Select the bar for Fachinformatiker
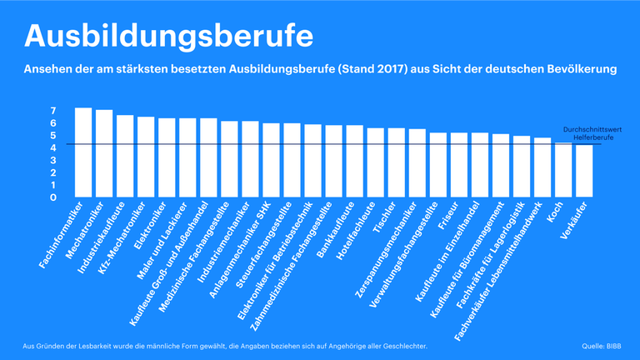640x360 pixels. pyautogui.click(x=83, y=153)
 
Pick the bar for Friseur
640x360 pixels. pyautogui.click(x=459, y=166)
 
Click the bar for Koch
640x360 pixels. pyautogui.click(x=564, y=171)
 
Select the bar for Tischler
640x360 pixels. pyautogui.click(x=397, y=163)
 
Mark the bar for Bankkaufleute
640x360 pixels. pyautogui.click(x=355, y=162)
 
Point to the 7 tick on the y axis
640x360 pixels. pyautogui.click(x=52, y=111)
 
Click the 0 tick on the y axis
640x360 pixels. pyautogui.click(x=52, y=198)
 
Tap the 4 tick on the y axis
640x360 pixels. pyautogui.click(x=52, y=148)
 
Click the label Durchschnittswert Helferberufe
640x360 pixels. pyautogui.click(x=592, y=134)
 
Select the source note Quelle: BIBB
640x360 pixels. pyautogui.click(x=601, y=346)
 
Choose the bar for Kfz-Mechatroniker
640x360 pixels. pyautogui.click(x=146, y=157)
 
